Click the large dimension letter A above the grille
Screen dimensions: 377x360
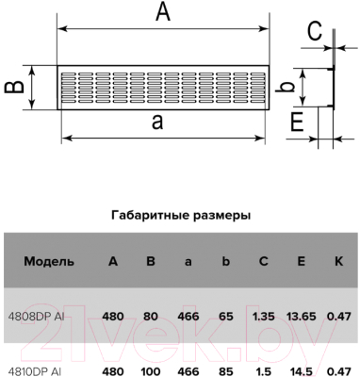[x=162, y=12]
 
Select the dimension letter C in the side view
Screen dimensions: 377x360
[x=315, y=31]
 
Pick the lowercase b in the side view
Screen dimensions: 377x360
[x=293, y=87]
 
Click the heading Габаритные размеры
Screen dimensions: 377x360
[x=180, y=215]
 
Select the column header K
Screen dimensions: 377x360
[x=337, y=261]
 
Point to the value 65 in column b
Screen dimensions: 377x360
[x=226, y=317]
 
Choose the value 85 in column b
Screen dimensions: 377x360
[x=226, y=370]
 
